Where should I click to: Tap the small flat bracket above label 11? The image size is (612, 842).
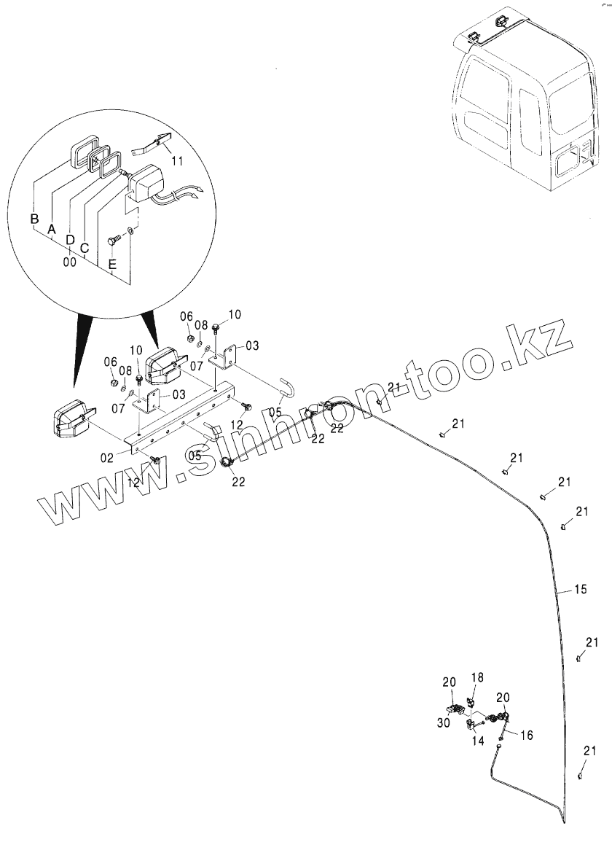pyautogui.click(x=152, y=143)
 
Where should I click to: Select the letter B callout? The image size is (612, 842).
pyautogui.click(x=34, y=219)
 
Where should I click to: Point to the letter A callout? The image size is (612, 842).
pyautogui.click(x=51, y=229)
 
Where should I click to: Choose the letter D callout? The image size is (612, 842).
pyautogui.click(x=70, y=239)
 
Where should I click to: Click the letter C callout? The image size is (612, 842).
pyautogui.click(x=85, y=249)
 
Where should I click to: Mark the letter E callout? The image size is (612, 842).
pyautogui.click(x=111, y=265)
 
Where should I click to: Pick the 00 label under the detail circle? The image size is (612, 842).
pyautogui.click(x=70, y=260)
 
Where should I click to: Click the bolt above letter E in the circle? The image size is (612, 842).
pyautogui.click(x=113, y=241)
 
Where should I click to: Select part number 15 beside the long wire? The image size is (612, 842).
pyautogui.click(x=580, y=589)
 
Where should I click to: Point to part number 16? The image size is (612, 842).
pyautogui.click(x=526, y=736)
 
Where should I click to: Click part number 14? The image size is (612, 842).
pyautogui.click(x=478, y=741)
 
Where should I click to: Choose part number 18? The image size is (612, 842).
pyautogui.click(x=476, y=678)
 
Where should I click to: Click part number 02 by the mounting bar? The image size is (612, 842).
pyautogui.click(x=106, y=457)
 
